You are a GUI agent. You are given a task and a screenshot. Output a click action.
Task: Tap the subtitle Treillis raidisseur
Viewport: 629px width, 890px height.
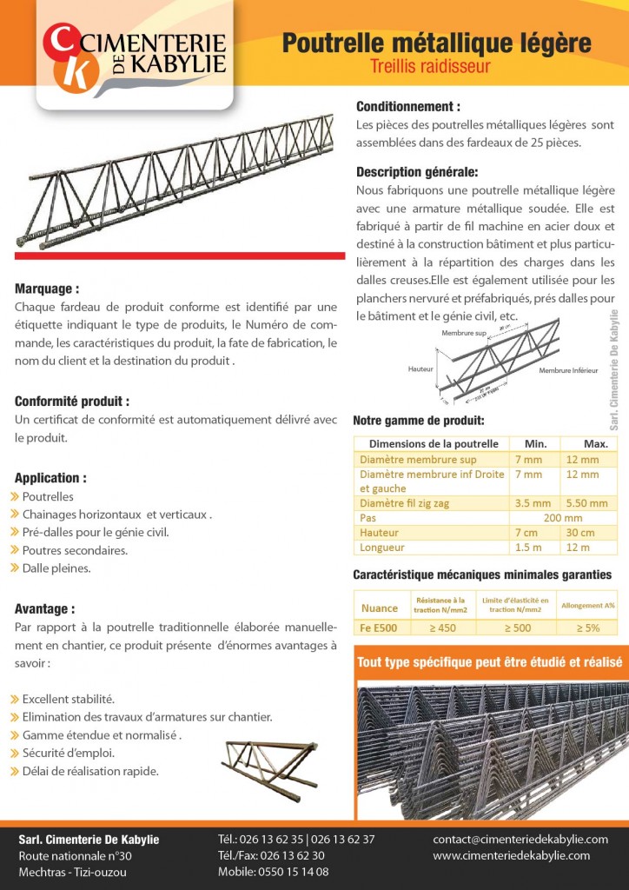tap(430, 66)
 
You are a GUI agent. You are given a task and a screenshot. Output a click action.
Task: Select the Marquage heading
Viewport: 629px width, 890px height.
tap(47, 289)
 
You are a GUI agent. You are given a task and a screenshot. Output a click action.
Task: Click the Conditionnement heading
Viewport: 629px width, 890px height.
tap(407, 106)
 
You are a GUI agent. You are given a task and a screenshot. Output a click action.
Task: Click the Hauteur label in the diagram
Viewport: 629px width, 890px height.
tap(420, 369)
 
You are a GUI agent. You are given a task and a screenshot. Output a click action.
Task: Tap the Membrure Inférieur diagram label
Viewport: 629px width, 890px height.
tap(568, 370)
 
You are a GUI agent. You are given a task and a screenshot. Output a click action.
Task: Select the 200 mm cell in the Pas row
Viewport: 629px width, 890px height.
tap(562, 517)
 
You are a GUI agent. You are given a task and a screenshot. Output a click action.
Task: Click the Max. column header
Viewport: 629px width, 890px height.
tap(595, 443)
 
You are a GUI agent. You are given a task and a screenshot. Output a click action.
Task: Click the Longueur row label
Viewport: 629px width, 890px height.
tap(384, 548)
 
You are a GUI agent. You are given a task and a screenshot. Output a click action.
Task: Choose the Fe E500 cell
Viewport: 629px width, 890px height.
tap(379, 628)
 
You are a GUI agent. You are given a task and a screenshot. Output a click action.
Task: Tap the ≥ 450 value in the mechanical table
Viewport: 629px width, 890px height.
tap(447, 628)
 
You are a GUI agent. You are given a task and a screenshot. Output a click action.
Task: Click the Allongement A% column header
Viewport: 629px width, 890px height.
tap(587, 605)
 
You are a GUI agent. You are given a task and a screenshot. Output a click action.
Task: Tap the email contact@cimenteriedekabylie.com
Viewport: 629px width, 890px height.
tap(520, 839)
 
